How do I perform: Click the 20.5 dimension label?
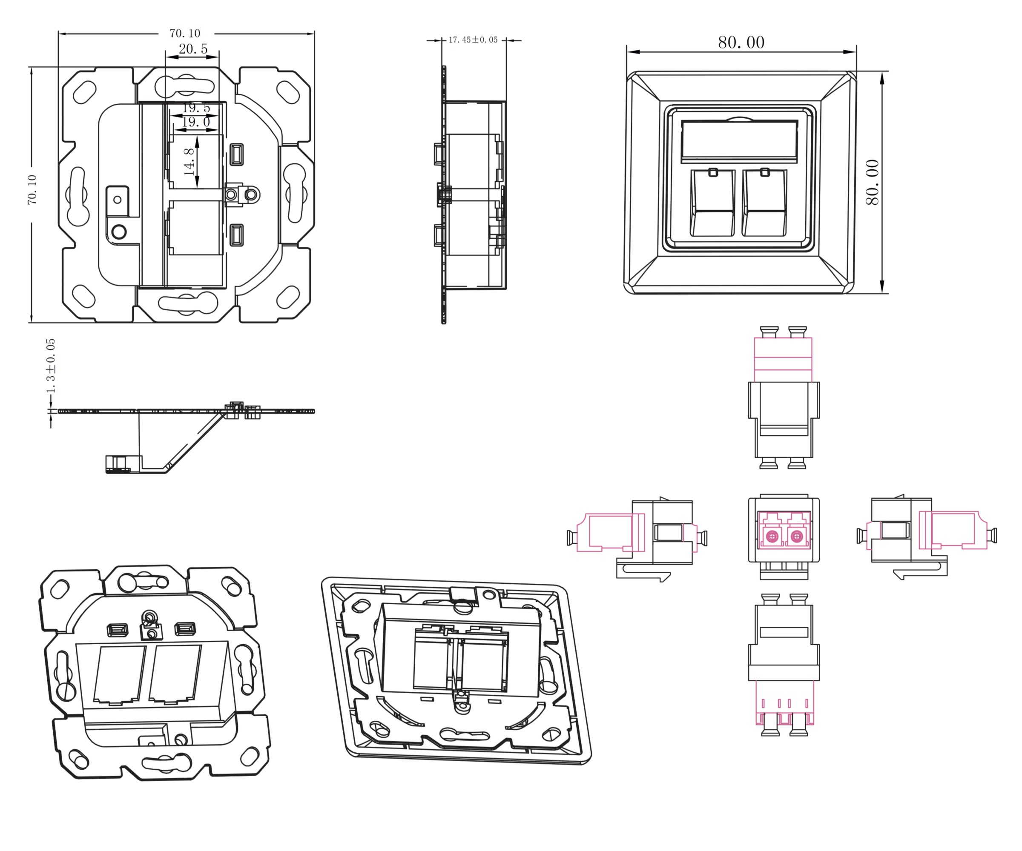[x=193, y=49]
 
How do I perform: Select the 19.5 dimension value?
[x=195, y=108]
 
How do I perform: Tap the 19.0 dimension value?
[x=195, y=122]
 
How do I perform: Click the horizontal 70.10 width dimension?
[x=185, y=33]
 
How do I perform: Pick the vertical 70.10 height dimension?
[x=32, y=190]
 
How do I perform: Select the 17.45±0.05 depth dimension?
[x=473, y=40]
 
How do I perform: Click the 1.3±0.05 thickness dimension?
[x=51, y=366]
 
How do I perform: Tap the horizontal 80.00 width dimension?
[x=741, y=43]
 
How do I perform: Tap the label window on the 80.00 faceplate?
[x=739, y=141]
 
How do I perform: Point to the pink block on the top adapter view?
[x=783, y=360]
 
